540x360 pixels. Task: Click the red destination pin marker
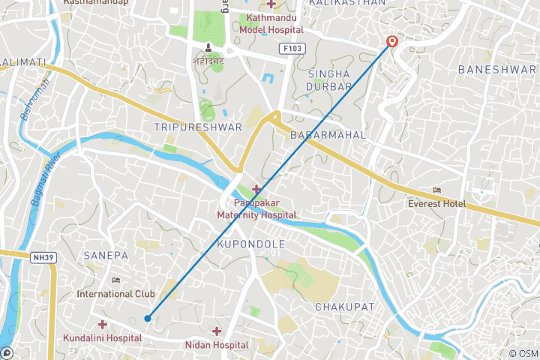tap(391, 42)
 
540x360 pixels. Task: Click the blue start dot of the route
tap(148, 319)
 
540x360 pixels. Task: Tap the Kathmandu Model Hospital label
tap(271, 24)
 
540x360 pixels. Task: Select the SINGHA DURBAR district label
tap(330, 79)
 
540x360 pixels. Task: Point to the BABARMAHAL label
tap(328, 135)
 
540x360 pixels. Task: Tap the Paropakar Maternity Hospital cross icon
tap(257, 188)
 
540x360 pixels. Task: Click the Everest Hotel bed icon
tap(437, 190)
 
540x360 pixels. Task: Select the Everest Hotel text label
tap(436, 204)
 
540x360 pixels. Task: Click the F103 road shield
tap(292, 49)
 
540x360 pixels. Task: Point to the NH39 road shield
tap(42, 256)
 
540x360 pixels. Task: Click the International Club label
tap(115, 293)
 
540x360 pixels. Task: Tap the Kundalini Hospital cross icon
tap(102, 324)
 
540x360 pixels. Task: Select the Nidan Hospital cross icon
tap(217, 331)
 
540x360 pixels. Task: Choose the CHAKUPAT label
tap(343, 307)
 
